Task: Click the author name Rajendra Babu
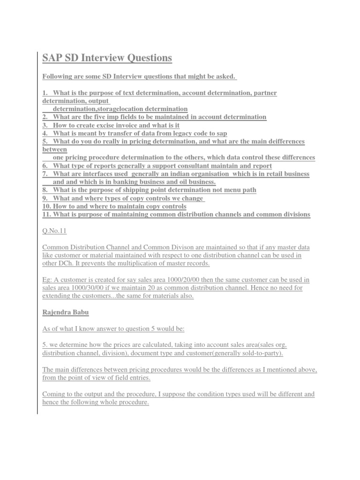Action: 62,313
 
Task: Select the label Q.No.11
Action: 55,231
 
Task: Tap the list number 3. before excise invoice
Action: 45,125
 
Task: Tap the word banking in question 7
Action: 124,182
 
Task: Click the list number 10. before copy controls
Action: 47,206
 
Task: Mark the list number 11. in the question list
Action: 47,214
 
